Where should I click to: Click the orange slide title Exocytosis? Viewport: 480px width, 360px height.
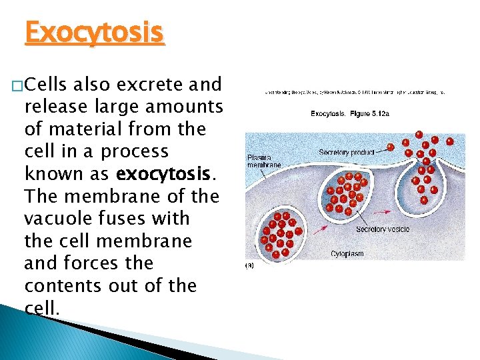tap(94, 31)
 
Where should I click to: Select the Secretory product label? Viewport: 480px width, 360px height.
tap(346, 153)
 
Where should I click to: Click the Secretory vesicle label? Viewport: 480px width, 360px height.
tap(383, 229)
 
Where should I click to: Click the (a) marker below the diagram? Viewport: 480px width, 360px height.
tap(251, 265)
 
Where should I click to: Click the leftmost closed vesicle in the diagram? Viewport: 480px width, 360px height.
tap(279, 233)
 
